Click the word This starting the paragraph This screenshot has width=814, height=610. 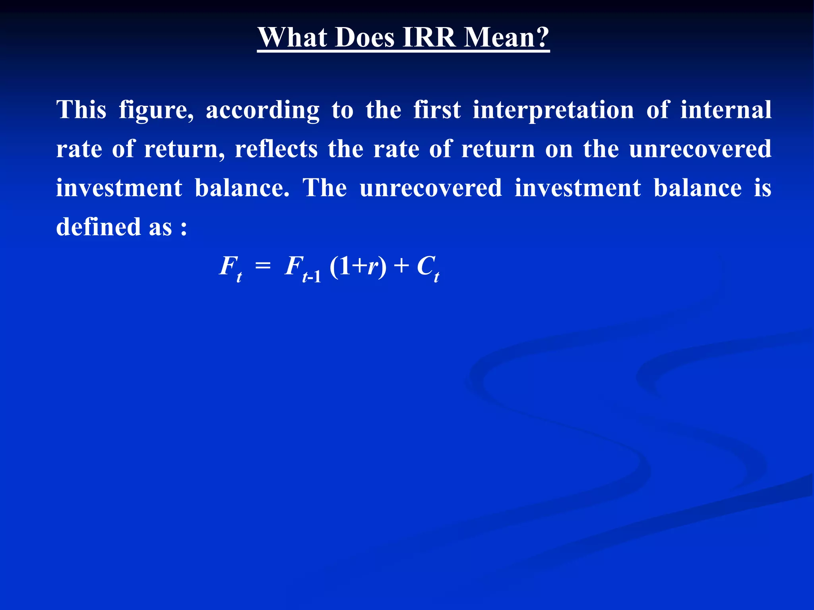(81, 110)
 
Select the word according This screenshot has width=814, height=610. (262, 110)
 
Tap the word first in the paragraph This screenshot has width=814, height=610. (437, 110)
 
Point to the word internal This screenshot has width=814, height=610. (726, 110)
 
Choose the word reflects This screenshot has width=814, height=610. (276, 149)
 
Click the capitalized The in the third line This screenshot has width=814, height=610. (325, 187)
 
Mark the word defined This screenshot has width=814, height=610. (99, 226)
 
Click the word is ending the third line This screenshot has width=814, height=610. (762, 187)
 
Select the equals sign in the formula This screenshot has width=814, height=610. (263, 266)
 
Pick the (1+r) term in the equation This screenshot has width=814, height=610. (358, 266)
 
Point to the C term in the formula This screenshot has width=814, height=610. (425, 266)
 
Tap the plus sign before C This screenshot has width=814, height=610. (401, 266)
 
